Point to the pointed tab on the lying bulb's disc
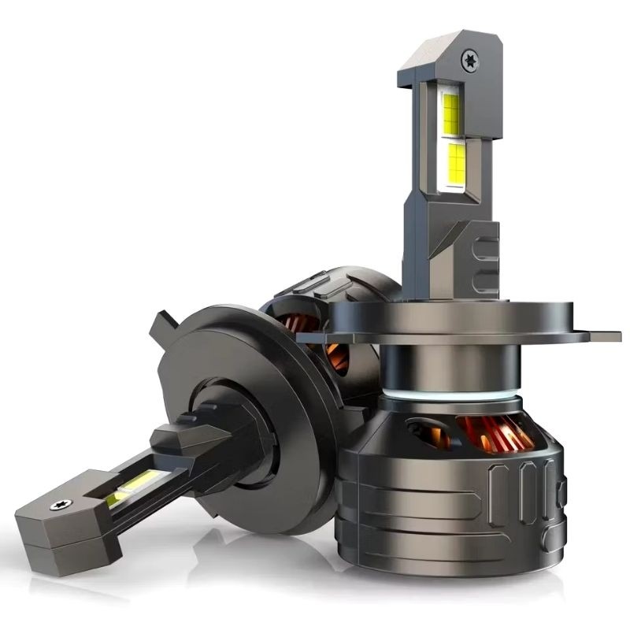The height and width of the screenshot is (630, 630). [x=162, y=321]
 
